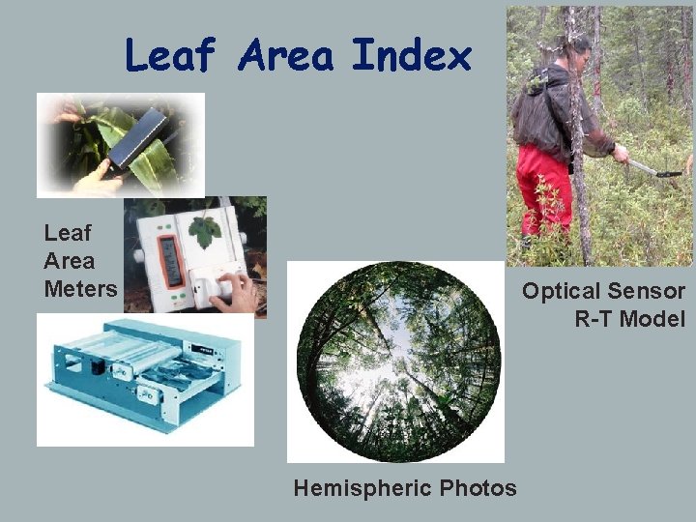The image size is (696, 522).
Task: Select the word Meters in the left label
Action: coord(80,288)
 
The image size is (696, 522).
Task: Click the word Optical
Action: coord(561,291)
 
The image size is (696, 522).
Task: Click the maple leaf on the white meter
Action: coord(205,232)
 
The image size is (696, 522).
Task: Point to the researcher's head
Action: coord(578,47)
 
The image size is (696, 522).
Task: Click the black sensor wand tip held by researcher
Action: coord(667,174)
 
